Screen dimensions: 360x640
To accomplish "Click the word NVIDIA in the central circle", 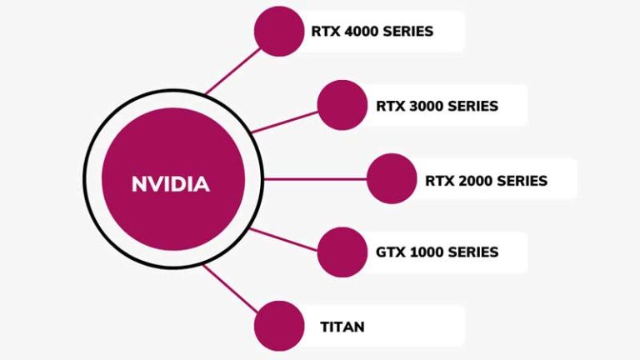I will point(170,184).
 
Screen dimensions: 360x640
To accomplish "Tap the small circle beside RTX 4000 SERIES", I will point(278,31).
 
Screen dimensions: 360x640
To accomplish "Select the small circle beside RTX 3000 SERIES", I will point(342,105).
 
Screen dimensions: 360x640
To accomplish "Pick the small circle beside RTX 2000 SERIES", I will point(391,178).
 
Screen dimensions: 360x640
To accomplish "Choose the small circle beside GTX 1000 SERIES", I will point(342,252).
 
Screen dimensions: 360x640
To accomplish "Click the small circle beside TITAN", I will point(278,326).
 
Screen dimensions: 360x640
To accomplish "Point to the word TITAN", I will point(342,327).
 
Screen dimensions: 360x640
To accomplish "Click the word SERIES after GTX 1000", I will point(472,252).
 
